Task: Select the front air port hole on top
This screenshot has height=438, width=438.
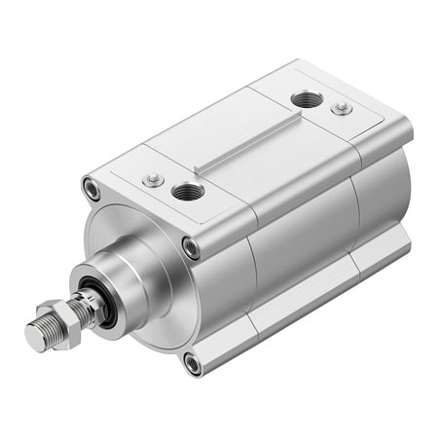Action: [187, 190]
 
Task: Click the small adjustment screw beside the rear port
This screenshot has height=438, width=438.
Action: [341, 108]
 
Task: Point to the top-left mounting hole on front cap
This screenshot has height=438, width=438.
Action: [91, 189]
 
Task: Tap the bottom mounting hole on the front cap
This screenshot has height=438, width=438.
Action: [193, 364]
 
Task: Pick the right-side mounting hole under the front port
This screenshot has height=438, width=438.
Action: [193, 248]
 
